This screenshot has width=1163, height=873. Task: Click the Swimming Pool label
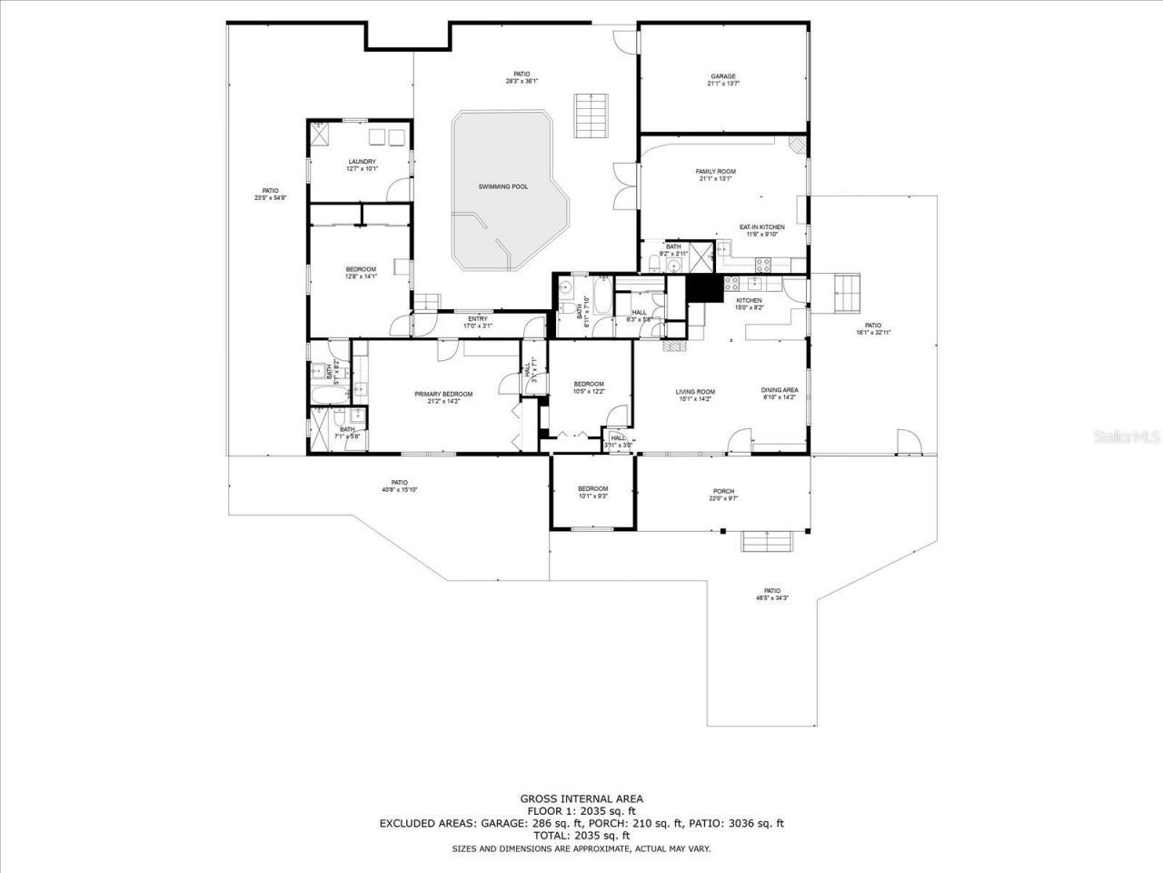[x=503, y=186]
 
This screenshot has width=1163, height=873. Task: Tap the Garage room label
[x=722, y=80]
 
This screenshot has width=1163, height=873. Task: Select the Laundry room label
[x=361, y=165]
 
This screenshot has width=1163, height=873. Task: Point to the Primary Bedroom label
[x=443, y=397]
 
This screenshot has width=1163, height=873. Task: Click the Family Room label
[x=715, y=175]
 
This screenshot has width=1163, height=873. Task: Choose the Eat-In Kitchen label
[x=761, y=230]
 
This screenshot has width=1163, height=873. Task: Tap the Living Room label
[x=694, y=395]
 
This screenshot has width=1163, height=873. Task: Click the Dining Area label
[x=780, y=394]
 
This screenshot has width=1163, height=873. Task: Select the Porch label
[x=723, y=495]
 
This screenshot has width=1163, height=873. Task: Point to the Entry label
[x=477, y=322]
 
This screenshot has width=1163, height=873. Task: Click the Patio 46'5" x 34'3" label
[x=771, y=594]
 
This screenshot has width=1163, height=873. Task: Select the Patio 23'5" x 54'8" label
[x=270, y=194]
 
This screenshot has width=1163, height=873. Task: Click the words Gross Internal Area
[x=581, y=798]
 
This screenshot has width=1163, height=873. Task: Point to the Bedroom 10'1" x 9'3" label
[x=592, y=492]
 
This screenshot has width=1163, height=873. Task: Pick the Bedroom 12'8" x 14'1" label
[x=361, y=272]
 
